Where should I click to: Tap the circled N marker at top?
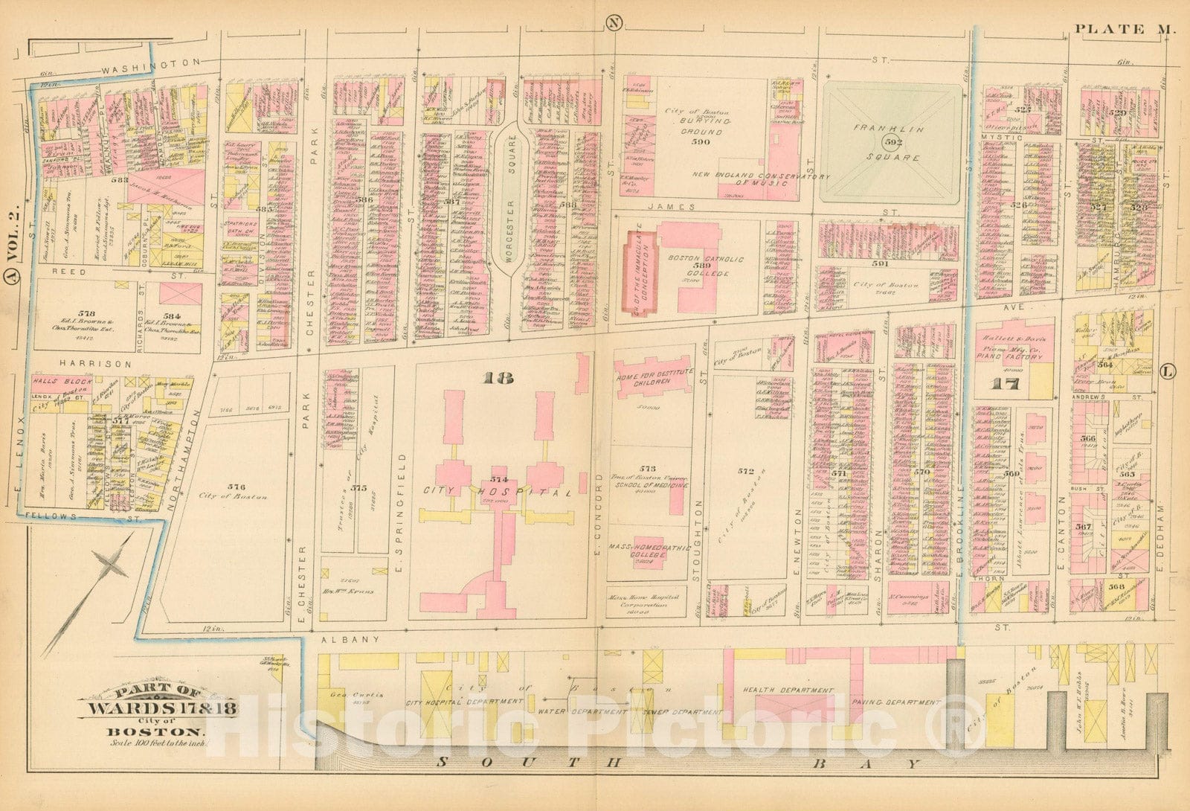pos(614,22)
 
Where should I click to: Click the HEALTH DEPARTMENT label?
pos(787,690)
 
